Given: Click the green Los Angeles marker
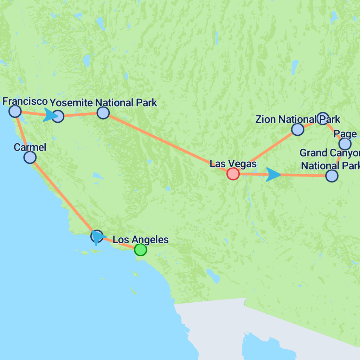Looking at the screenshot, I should click(x=140, y=250).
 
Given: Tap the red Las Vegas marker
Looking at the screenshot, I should click(x=233, y=174).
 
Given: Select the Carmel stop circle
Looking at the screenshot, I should click(x=30, y=157).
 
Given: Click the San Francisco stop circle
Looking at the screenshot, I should click(x=15, y=111).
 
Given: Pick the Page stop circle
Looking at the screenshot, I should click(x=345, y=144).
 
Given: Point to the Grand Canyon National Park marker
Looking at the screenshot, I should click(x=332, y=175).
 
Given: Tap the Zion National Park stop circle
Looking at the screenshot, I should click(x=297, y=129).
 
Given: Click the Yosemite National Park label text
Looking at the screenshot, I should click(x=103, y=103).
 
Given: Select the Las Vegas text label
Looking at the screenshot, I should click(x=233, y=163).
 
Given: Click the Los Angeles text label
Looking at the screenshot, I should click(x=141, y=240).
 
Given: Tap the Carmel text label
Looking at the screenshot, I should click(x=30, y=147).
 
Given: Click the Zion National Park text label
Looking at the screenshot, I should click(x=297, y=119).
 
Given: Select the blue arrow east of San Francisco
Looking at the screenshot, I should click(x=50, y=115).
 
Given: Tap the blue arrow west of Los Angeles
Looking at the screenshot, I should click(x=98, y=238).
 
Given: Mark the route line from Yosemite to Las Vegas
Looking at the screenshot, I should click(x=165, y=142).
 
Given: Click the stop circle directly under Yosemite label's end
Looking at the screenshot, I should click(x=103, y=112).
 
